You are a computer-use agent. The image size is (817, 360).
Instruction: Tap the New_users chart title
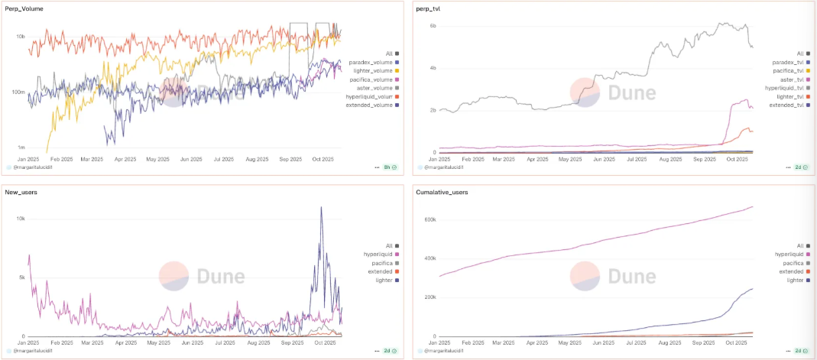(x=22, y=192)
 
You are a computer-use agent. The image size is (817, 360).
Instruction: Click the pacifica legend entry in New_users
(x=375, y=262)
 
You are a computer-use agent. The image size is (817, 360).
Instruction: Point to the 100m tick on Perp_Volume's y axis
(x=19, y=92)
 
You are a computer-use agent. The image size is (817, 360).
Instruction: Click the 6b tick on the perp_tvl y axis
(x=433, y=26)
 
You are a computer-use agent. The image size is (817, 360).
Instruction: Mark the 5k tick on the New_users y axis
(x=21, y=277)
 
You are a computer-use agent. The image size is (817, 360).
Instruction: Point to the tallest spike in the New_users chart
(x=321, y=208)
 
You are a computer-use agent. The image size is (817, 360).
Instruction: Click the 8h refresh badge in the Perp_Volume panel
(x=388, y=166)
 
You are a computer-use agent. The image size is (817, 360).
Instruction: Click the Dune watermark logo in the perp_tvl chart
(x=612, y=92)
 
